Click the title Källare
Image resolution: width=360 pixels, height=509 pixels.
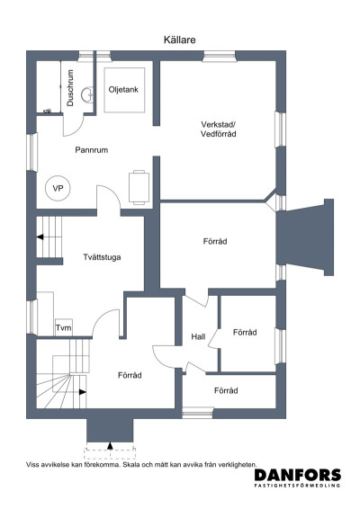click(x=179, y=40)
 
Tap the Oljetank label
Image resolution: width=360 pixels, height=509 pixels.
click(x=123, y=90)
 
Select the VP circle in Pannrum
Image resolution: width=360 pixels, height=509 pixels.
click(x=58, y=188)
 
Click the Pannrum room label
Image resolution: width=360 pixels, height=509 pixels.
click(x=91, y=150)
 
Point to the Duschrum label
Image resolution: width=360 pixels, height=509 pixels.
click(x=70, y=87)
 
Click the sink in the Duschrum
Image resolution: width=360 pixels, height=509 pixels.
click(x=87, y=94)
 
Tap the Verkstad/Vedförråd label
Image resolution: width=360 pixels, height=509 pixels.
click(x=219, y=129)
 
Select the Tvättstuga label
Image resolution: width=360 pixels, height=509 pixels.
click(x=102, y=257)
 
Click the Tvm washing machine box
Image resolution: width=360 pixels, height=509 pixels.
click(x=63, y=326)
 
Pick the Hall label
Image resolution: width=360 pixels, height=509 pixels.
click(x=198, y=336)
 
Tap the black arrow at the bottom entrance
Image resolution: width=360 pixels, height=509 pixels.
click(x=110, y=446)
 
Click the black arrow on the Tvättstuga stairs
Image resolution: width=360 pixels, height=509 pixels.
click(x=40, y=237)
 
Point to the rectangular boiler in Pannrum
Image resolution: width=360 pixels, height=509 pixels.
click(x=139, y=187)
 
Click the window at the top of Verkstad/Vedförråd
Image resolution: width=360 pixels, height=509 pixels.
click(x=220, y=56)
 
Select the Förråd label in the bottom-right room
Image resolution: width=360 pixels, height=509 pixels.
click(x=226, y=390)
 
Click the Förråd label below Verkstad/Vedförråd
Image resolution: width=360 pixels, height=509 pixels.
click(x=215, y=242)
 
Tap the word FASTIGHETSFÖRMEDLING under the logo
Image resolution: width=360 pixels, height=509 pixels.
click(x=297, y=486)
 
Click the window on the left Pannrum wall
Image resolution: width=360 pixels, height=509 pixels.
click(x=31, y=152)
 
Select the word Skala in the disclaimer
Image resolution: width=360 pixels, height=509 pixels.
click(x=130, y=465)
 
